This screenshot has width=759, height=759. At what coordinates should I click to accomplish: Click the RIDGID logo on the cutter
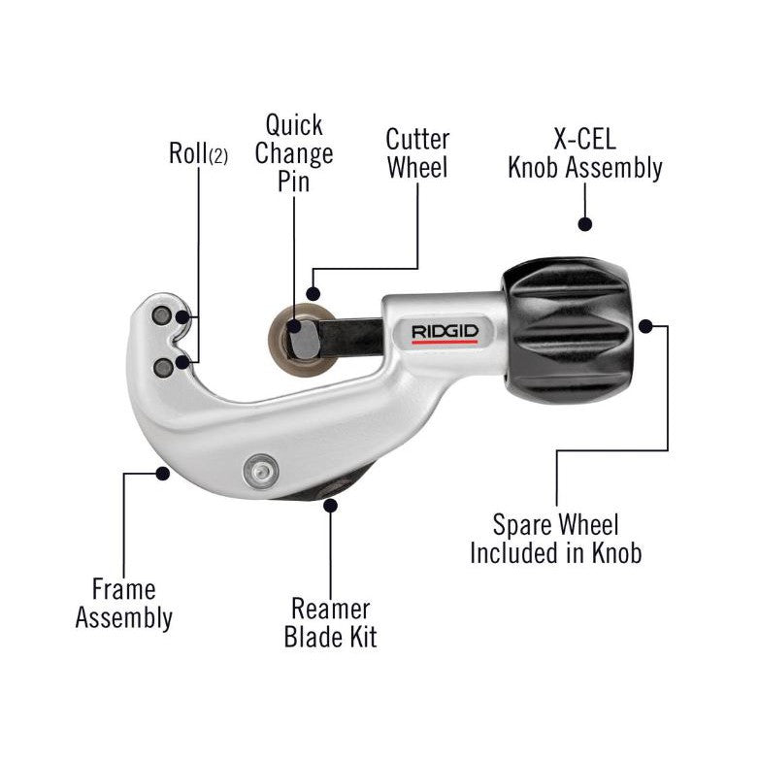pyautogui.click(x=445, y=332)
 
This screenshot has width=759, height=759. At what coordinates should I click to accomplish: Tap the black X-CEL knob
pyautogui.click(x=567, y=315)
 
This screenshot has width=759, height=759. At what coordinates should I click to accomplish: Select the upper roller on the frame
pyautogui.click(x=161, y=317)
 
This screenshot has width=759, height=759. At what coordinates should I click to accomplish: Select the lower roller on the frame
pyautogui.click(x=162, y=365)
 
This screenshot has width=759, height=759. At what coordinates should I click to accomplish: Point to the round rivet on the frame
pyautogui.click(x=257, y=470)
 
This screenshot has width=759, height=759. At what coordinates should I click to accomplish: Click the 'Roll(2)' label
pyautogui.click(x=199, y=153)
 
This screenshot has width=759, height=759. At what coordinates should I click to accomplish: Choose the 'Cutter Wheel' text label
pyautogui.click(x=417, y=152)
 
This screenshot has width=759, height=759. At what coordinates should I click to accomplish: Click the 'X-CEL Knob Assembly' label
pyautogui.click(x=585, y=152)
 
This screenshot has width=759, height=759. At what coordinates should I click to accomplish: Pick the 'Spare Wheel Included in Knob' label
pyautogui.click(x=555, y=540)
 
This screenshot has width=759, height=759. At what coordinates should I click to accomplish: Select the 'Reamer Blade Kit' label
pyautogui.click(x=330, y=622)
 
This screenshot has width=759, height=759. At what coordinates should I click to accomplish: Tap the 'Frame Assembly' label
pyautogui.click(x=124, y=603)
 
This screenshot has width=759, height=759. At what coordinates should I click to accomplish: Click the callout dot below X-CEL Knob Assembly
pyautogui.click(x=584, y=224)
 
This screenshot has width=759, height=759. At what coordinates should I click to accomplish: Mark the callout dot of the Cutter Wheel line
pyautogui.click(x=313, y=292)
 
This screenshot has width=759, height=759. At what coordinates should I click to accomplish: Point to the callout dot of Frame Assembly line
pyautogui.click(x=162, y=473)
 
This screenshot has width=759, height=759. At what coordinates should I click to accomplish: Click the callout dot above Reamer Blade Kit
pyautogui.click(x=330, y=503)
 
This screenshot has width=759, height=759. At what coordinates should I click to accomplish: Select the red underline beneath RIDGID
pyautogui.click(x=445, y=343)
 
